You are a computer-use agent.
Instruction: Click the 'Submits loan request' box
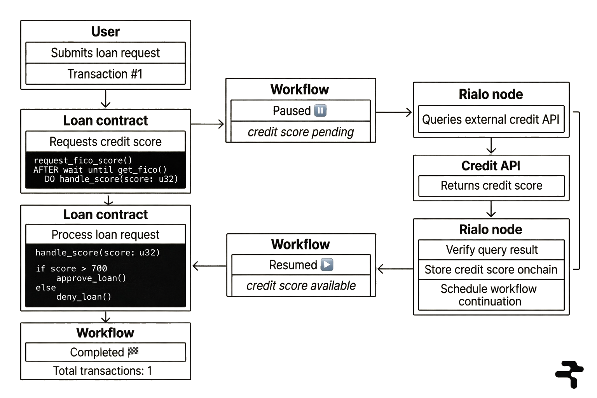(x=105, y=53)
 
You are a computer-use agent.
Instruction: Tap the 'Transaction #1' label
(x=105, y=74)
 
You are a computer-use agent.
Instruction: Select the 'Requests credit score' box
(x=105, y=141)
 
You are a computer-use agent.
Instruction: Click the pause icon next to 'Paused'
(x=320, y=111)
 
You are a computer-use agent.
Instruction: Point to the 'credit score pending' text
(x=301, y=132)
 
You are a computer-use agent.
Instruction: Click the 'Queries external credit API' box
(x=491, y=119)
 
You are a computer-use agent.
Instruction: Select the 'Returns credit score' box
(x=491, y=185)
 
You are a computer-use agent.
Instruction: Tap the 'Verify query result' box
(x=491, y=250)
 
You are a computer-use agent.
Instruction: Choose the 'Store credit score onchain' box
(x=491, y=269)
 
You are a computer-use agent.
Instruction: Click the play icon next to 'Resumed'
(x=327, y=265)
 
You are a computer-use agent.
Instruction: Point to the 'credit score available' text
(x=301, y=286)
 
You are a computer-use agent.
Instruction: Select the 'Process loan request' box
(x=105, y=235)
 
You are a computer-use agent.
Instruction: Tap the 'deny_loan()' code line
(x=84, y=297)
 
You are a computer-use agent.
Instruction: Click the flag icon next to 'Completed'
(x=134, y=352)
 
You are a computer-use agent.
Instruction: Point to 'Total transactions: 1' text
(x=102, y=371)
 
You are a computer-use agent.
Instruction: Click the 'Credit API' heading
(x=491, y=166)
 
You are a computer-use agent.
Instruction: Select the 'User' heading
(x=105, y=31)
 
